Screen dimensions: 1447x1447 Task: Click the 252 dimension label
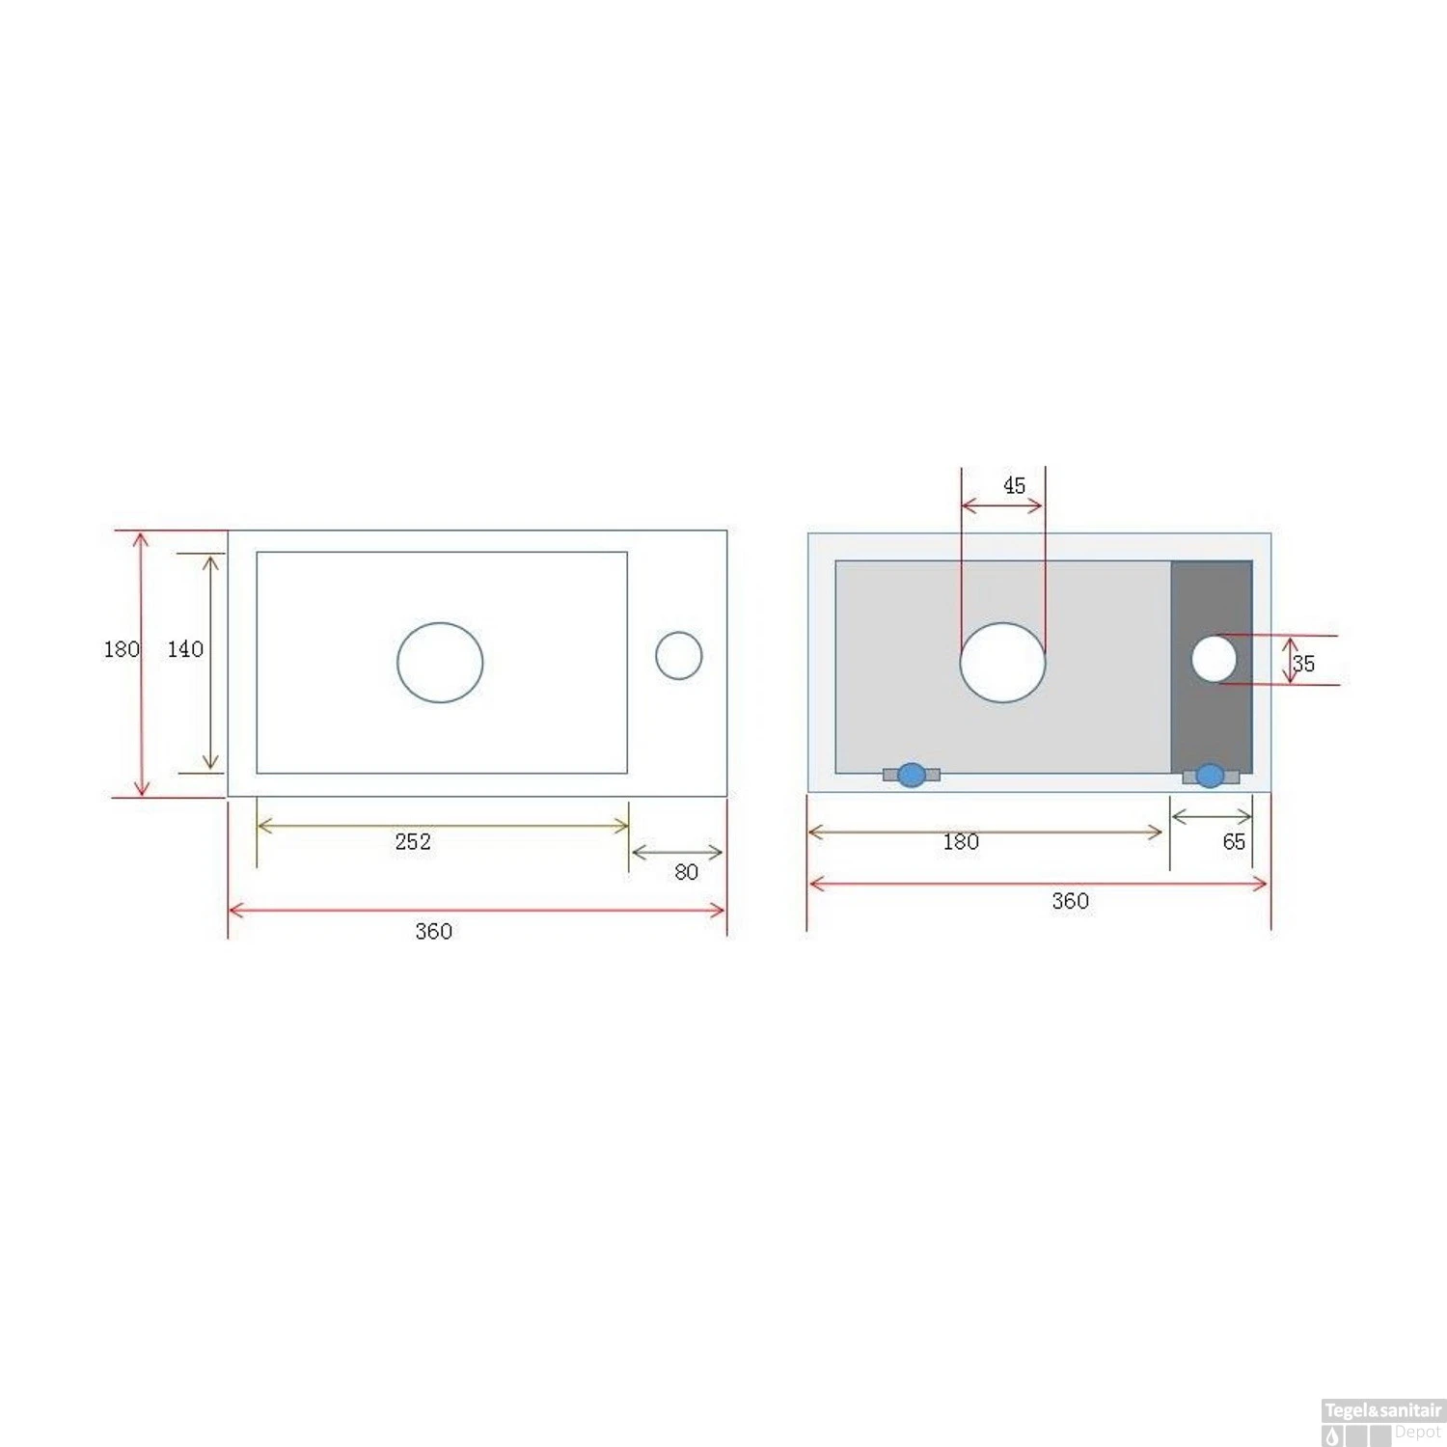(413, 842)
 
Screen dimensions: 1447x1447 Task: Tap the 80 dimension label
(686, 872)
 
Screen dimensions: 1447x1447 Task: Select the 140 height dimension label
(185, 649)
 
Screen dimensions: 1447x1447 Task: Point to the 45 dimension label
(1014, 486)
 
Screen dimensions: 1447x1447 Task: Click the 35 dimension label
(1303, 664)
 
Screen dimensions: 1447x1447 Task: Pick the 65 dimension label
(1234, 842)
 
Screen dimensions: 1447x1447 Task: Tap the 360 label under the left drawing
(433, 932)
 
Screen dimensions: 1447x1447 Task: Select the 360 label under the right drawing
(1070, 901)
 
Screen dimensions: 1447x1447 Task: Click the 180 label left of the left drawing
(122, 649)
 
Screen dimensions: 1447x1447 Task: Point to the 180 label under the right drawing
(961, 842)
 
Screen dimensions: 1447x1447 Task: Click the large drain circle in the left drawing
(440, 663)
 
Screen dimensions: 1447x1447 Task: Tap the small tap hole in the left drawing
(679, 656)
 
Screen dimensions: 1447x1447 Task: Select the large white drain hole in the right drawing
(1002, 663)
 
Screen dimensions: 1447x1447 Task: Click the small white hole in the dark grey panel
(1214, 660)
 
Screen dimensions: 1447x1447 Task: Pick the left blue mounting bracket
(911, 775)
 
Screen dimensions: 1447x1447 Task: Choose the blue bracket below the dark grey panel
(1210, 776)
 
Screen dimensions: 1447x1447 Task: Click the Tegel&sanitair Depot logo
(1382, 1422)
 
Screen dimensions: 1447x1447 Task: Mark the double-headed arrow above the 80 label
(677, 853)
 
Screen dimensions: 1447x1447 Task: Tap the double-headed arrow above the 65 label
(1212, 818)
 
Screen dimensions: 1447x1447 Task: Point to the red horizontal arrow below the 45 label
(1002, 505)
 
